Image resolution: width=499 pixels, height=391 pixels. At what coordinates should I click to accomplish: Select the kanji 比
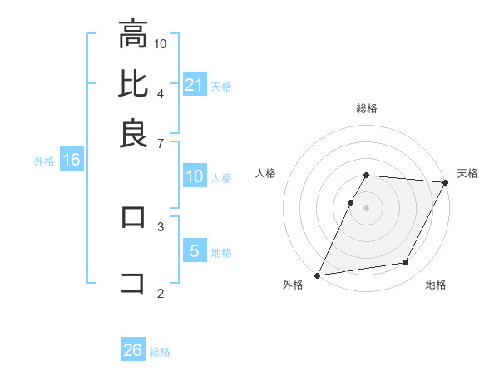(133, 84)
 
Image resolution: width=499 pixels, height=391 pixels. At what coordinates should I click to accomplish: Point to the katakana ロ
(133, 218)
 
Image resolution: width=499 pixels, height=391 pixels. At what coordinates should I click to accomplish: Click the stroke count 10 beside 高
(161, 43)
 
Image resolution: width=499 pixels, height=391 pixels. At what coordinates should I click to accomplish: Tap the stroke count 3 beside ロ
(160, 225)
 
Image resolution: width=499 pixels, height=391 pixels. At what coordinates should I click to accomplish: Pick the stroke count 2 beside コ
(160, 292)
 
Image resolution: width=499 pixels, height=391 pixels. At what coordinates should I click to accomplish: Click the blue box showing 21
(195, 84)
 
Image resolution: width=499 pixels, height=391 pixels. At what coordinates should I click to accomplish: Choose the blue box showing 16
(72, 160)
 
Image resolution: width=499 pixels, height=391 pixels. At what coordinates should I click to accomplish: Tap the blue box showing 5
(195, 250)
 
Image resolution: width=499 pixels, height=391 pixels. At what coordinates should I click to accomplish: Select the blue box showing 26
(133, 350)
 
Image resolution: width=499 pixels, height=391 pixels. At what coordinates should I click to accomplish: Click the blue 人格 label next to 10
(221, 177)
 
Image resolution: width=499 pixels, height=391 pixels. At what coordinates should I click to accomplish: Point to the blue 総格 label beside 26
(160, 352)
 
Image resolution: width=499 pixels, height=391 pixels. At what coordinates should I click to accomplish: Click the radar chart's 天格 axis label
(467, 173)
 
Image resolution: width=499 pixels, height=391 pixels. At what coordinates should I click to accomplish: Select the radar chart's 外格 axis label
(293, 285)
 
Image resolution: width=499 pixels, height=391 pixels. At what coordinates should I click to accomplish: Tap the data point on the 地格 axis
(406, 263)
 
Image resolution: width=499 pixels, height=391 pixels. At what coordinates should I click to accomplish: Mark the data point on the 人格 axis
(351, 203)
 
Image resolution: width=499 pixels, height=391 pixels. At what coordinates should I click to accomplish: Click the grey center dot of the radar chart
(367, 207)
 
